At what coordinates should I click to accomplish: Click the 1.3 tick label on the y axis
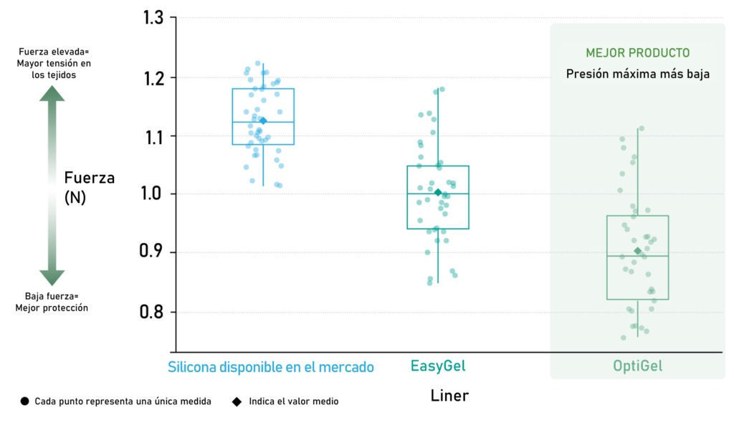pos(153,18)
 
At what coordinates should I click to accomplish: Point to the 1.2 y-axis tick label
pos(153,79)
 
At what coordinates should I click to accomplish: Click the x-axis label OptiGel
pos(637,366)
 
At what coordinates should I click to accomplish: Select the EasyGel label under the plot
pos(438,366)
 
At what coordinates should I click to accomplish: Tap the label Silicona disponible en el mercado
pos(270,367)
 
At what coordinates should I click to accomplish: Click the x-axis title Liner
pos(449,396)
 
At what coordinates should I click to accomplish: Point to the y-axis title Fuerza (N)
pos(89,187)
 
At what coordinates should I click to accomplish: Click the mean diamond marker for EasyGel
pos(438,192)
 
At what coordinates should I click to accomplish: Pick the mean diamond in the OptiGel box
pos(637,252)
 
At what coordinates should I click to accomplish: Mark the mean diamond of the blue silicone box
pos(263,120)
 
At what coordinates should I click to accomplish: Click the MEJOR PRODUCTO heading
pos(637,53)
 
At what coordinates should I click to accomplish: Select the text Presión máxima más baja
pos(637,74)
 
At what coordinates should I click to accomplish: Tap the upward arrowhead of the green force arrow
pos(52,93)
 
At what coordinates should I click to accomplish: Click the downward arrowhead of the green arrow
pos(52,278)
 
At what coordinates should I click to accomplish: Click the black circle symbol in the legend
pos(25,401)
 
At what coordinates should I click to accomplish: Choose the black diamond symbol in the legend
pos(237,401)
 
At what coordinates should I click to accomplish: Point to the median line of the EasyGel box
pos(438,194)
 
